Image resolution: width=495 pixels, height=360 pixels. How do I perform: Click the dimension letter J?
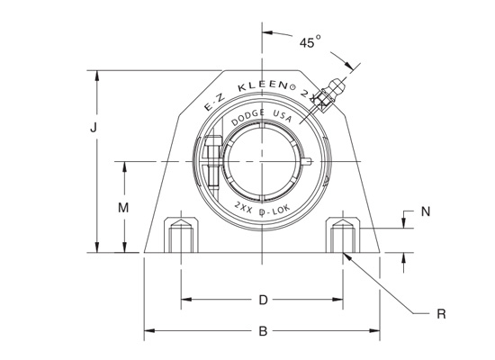[93, 128]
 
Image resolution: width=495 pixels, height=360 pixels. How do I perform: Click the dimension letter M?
[124, 208]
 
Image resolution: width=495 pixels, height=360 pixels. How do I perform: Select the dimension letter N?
[426, 212]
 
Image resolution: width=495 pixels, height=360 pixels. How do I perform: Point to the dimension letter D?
[263, 300]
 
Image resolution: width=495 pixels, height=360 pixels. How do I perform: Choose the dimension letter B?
[263, 331]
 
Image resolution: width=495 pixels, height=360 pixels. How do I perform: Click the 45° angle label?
[310, 42]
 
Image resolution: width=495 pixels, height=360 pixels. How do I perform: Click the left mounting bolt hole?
[180, 237]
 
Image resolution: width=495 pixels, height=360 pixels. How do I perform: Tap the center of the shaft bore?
[263, 161]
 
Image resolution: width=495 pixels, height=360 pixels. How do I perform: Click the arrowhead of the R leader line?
[346, 256]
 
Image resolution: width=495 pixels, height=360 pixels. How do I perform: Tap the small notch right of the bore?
[309, 162]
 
